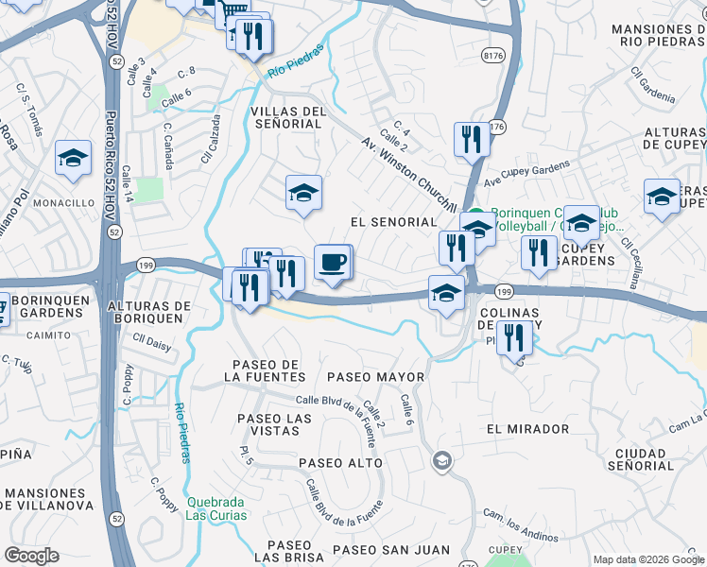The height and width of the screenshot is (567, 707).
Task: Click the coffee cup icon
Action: click(332, 262)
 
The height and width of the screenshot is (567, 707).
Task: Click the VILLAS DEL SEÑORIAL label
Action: click(287, 117)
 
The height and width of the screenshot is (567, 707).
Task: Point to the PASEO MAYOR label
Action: click(375, 377)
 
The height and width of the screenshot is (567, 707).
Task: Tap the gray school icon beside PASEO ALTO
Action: click(440, 461)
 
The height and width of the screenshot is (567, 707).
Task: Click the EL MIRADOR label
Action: click(528, 428)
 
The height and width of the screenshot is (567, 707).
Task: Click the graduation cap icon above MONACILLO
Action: click(73, 158)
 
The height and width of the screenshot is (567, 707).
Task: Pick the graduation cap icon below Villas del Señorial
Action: click(303, 193)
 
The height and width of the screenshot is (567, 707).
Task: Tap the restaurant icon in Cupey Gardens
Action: click(539, 252)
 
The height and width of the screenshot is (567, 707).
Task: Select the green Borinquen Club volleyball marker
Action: click(477, 215)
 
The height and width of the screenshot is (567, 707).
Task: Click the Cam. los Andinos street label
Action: click(521, 524)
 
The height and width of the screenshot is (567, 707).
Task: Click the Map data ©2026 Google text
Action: click(647, 559)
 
